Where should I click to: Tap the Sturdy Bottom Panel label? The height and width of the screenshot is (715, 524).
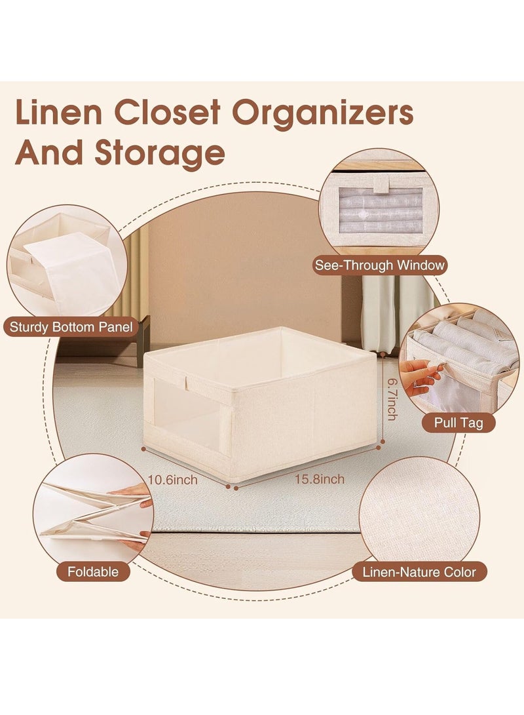point(71,326)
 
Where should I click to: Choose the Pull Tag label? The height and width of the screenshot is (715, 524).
point(458,423)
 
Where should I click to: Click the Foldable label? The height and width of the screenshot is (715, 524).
point(92,571)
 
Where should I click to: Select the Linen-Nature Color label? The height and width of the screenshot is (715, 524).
point(419,571)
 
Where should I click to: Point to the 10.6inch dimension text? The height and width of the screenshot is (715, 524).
point(172,480)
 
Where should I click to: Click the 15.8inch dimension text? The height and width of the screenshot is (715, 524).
point(319,479)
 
